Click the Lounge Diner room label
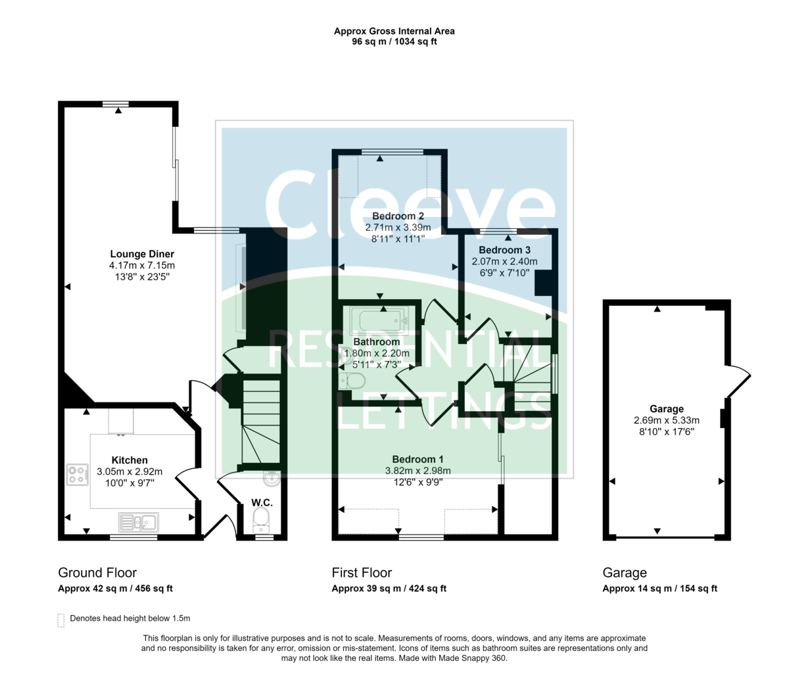coord(142,254)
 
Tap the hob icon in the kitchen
coord(78,474)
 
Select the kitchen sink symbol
coord(138,522)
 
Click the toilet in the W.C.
coord(262,519)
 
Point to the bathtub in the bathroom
coord(379,321)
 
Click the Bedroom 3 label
coord(504,250)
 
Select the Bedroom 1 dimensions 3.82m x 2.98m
coord(418,470)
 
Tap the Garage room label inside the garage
coord(667,409)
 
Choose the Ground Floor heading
coord(97,573)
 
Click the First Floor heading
coord(362,573)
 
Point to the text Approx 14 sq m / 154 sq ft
coord(659,589)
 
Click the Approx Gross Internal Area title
coord(394,31)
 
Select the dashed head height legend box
coord(61,620)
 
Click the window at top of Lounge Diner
coord(116,103)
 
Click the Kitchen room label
coord(130,460)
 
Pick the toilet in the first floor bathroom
coord(354,381)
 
